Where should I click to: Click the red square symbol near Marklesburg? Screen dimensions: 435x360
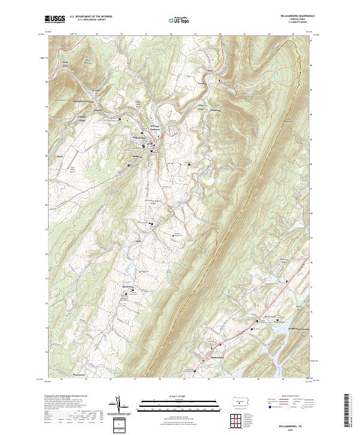click(220, 344)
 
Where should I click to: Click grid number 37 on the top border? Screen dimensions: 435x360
click(146, 34)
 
